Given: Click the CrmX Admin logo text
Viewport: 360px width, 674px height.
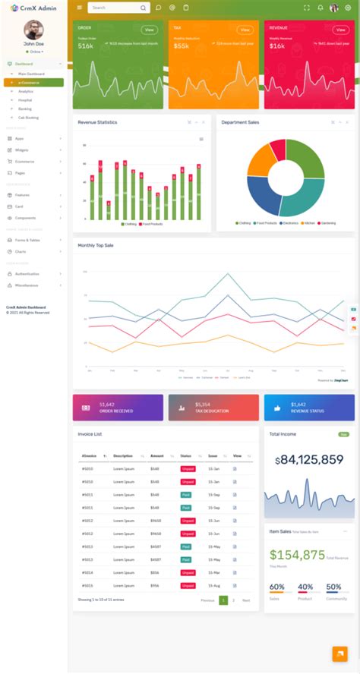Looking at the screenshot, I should point(37,8).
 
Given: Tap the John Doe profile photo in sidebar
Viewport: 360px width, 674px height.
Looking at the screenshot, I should point(33,30).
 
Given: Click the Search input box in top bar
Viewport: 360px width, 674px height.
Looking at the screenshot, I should point(114,8).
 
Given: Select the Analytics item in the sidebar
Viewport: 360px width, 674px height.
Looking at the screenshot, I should point(26,91).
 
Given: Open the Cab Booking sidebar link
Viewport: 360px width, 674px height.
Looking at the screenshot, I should point(30,118).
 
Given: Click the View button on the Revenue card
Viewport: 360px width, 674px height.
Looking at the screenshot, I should point(340,30).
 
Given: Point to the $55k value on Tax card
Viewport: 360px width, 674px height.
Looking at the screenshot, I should point(182,46).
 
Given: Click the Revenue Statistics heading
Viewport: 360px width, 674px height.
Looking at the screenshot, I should point(97,122).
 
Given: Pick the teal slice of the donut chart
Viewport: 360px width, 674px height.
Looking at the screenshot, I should point(304,199).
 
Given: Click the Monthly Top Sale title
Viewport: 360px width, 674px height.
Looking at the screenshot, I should point(96,245).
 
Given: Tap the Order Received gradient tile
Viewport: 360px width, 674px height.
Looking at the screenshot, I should point(118,408).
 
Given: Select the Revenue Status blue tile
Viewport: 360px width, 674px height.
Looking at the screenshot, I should point(309,408).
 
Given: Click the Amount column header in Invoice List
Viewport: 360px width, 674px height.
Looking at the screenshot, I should point(157,456).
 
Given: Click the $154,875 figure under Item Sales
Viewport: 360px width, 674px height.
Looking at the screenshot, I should point(297,555).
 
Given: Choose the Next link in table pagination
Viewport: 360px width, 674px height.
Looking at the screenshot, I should point(246,600).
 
